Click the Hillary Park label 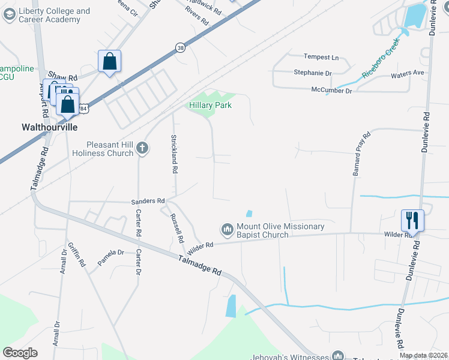(x=211, y=105)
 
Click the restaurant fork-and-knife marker (x=412, y=220)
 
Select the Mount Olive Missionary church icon (x=227, y=229)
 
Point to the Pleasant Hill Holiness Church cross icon (x=142, y=148)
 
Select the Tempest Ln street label (x=321, y=57)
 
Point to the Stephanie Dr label (x=313, y=73)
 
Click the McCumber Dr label (x=331, y=90)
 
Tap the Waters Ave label (x=408, y=73)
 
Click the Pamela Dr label (x=110, y=257)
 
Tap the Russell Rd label (x=176, y=228)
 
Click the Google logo (x=20, y=353)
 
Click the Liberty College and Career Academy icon (x=9, y=15)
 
